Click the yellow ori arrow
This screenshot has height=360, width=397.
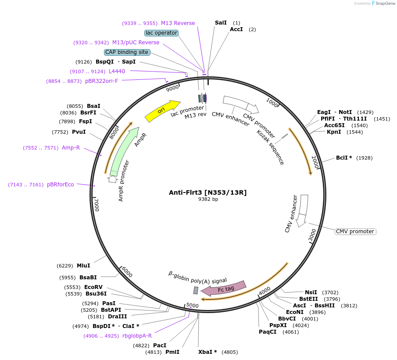click(162, 111)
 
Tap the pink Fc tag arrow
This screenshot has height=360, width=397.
click(224, 288)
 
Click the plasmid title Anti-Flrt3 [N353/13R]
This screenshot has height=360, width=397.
click(208, 192)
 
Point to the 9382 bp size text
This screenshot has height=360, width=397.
click(208, 199)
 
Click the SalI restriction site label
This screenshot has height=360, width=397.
click(221, 23)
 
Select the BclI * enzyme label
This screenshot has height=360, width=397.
click(344, 158)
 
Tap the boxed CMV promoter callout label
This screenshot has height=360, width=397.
click(355, 232)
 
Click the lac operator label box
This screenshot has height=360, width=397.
click(161, 33)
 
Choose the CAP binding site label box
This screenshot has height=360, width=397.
click(127, 52)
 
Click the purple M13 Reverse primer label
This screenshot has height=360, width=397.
click(178, 23)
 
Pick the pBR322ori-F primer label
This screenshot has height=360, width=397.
click(101, 81)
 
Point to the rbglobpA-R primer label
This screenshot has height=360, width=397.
click(137, 336)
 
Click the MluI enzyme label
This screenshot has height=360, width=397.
click(83, 266)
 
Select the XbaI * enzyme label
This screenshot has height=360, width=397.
click(208, 352)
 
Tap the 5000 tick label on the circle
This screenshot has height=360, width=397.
click(193, 305)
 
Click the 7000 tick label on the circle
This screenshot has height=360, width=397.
click(97, 204)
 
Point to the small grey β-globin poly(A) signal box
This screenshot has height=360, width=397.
click(196, 290)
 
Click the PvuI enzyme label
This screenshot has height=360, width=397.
click(79, 132)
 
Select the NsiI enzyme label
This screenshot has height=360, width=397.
click(311, 292)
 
